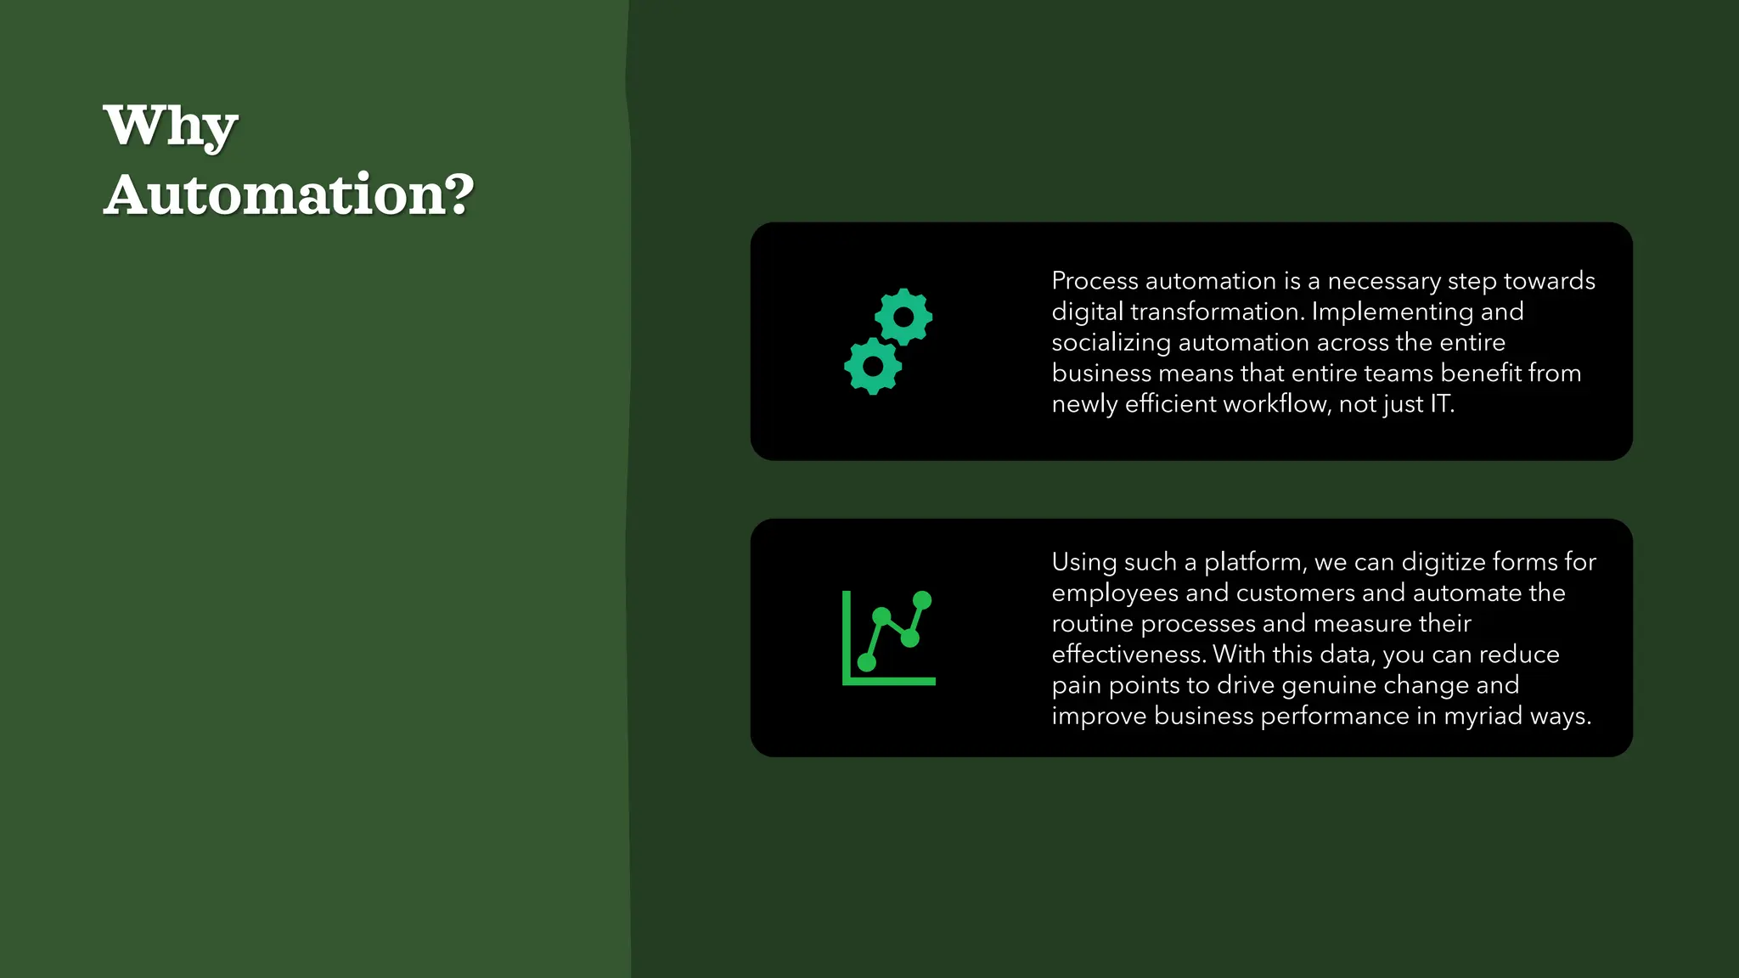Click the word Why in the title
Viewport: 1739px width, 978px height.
pos(170,126)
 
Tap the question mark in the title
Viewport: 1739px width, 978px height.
pos(459,194)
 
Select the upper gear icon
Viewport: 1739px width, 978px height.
pos(903,317)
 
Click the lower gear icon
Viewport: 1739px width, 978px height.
pos(873,366)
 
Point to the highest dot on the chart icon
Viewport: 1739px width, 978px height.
pos(922,600)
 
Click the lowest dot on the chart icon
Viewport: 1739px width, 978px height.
pos(867,662)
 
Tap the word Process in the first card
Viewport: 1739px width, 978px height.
pos(1095,281)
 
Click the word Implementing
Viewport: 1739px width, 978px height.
pos(1392,312)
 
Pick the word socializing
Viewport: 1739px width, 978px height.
pos(1111,343)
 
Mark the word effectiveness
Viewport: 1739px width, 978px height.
pos(1128,655)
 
